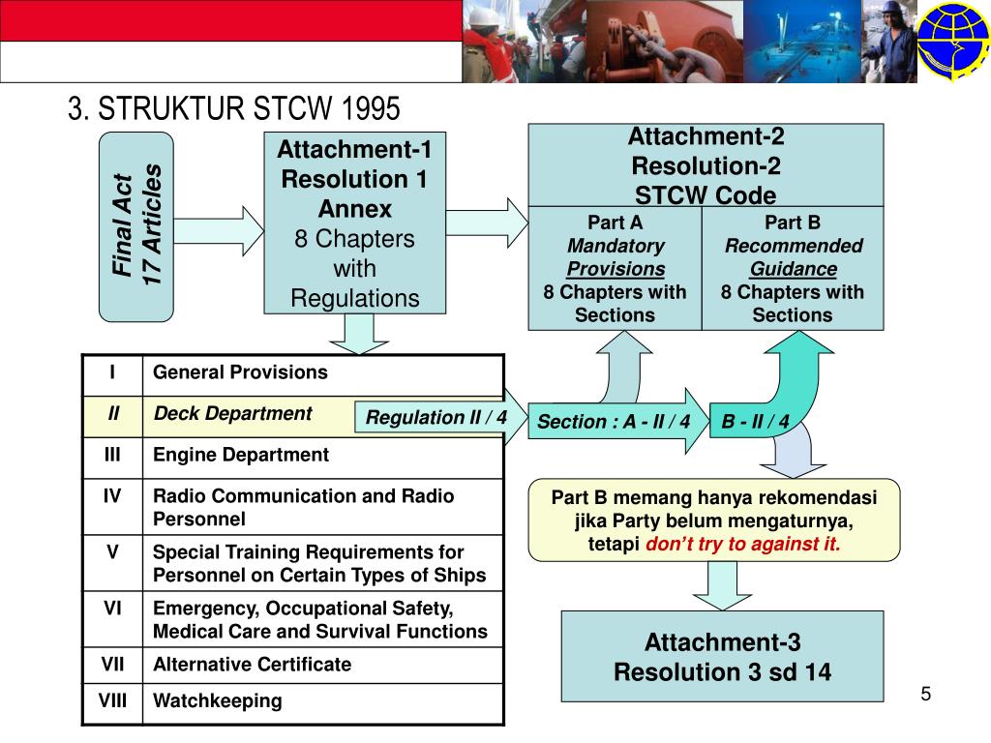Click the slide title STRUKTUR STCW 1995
[x=233, y=109]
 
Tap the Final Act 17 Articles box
[x=136, y=225]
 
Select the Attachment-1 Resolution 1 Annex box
[x=354, y=223]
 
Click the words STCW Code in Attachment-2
[x=706, y=195]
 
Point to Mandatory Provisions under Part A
[x=616, y=257]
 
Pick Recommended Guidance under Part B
[x=794, y=257]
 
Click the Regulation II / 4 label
[x=435, y=418]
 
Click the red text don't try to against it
[x=743, y=544]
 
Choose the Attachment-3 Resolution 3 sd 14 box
[x=722, y=656]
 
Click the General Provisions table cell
[x=241, y=372]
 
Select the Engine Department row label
[x=241, y=455]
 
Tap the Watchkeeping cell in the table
[x=218, y=701]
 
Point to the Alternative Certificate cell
[x=253, y=665]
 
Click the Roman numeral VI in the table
[x=112, y=609]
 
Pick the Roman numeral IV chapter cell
[x=112, y=496]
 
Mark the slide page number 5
[x=925, y=694]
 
